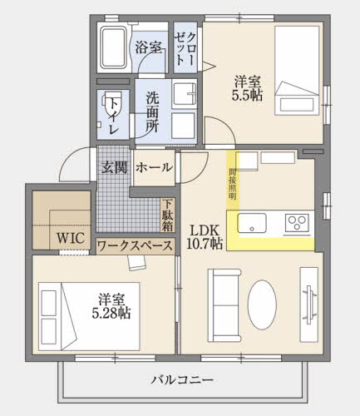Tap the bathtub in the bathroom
pyautogui.click(x=111, y=49)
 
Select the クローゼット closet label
pyautogui.click(x=186, y=50)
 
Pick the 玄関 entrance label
pyautogui.click(x=114, y=167)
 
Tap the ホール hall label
pyautogui.click(x=154, y=167)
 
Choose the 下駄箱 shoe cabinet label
pyautogui.click(x=167, y=215)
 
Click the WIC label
pyautogui.click(x=70, y=238)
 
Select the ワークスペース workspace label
pyautogui.click(x=135, y=245)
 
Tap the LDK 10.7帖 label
pyautogui.click(x=205, y=236)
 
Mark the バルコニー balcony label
pyautogui.click(x=182, y=381)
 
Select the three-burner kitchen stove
pyautogui.click(x=297, y=222)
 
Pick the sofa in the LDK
pyautogui.click(x=222, y=303)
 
